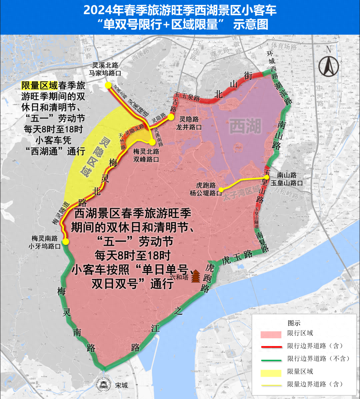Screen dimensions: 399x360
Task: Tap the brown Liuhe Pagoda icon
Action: pos(196,276)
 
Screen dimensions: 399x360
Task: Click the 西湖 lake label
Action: pos(246,127)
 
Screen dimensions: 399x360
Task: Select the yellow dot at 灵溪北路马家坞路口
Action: pos(108,85)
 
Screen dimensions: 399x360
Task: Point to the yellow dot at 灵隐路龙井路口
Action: pos(171,117)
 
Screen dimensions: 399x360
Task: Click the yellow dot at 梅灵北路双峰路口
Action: pos(152,142)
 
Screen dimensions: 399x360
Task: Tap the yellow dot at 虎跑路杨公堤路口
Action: pos(221,190)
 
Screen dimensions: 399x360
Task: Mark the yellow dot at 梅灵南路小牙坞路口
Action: pos(66,242)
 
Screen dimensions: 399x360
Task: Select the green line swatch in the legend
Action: pos(271,359)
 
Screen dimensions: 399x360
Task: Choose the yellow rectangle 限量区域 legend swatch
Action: pos(271,372)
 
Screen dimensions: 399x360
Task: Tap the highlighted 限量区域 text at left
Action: pos(39,86)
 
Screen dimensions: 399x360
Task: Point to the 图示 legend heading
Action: pos(294,323)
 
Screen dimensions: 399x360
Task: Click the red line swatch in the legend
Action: pos(271,347)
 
